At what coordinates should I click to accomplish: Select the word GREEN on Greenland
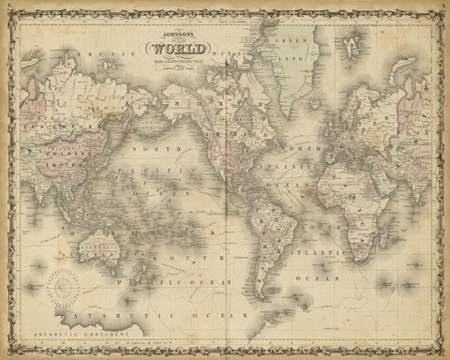298,41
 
